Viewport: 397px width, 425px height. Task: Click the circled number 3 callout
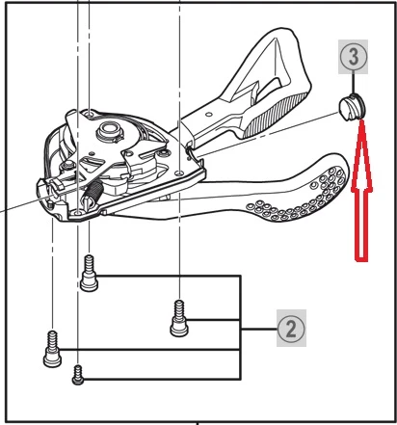pos(353,57)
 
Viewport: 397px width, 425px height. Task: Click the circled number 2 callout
pos(291,329)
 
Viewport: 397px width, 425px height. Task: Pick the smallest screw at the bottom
pos(78,375)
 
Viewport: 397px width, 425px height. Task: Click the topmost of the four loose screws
pos(89,273)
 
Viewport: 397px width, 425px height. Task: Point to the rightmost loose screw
pos(179,318)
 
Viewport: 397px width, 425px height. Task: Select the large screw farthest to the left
pos(52,349)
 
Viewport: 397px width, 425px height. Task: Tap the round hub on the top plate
pos(109,131)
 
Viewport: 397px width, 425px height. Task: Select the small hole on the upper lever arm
pos(209,114)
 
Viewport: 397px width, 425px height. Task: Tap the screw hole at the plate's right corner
pos(179,173)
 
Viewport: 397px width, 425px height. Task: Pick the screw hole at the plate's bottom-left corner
pos(77,213)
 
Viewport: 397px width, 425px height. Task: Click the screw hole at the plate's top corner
pos(89,113)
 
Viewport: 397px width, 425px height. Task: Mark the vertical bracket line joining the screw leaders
pos(240,328)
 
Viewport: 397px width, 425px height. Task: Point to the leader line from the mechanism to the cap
pos(269,134)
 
